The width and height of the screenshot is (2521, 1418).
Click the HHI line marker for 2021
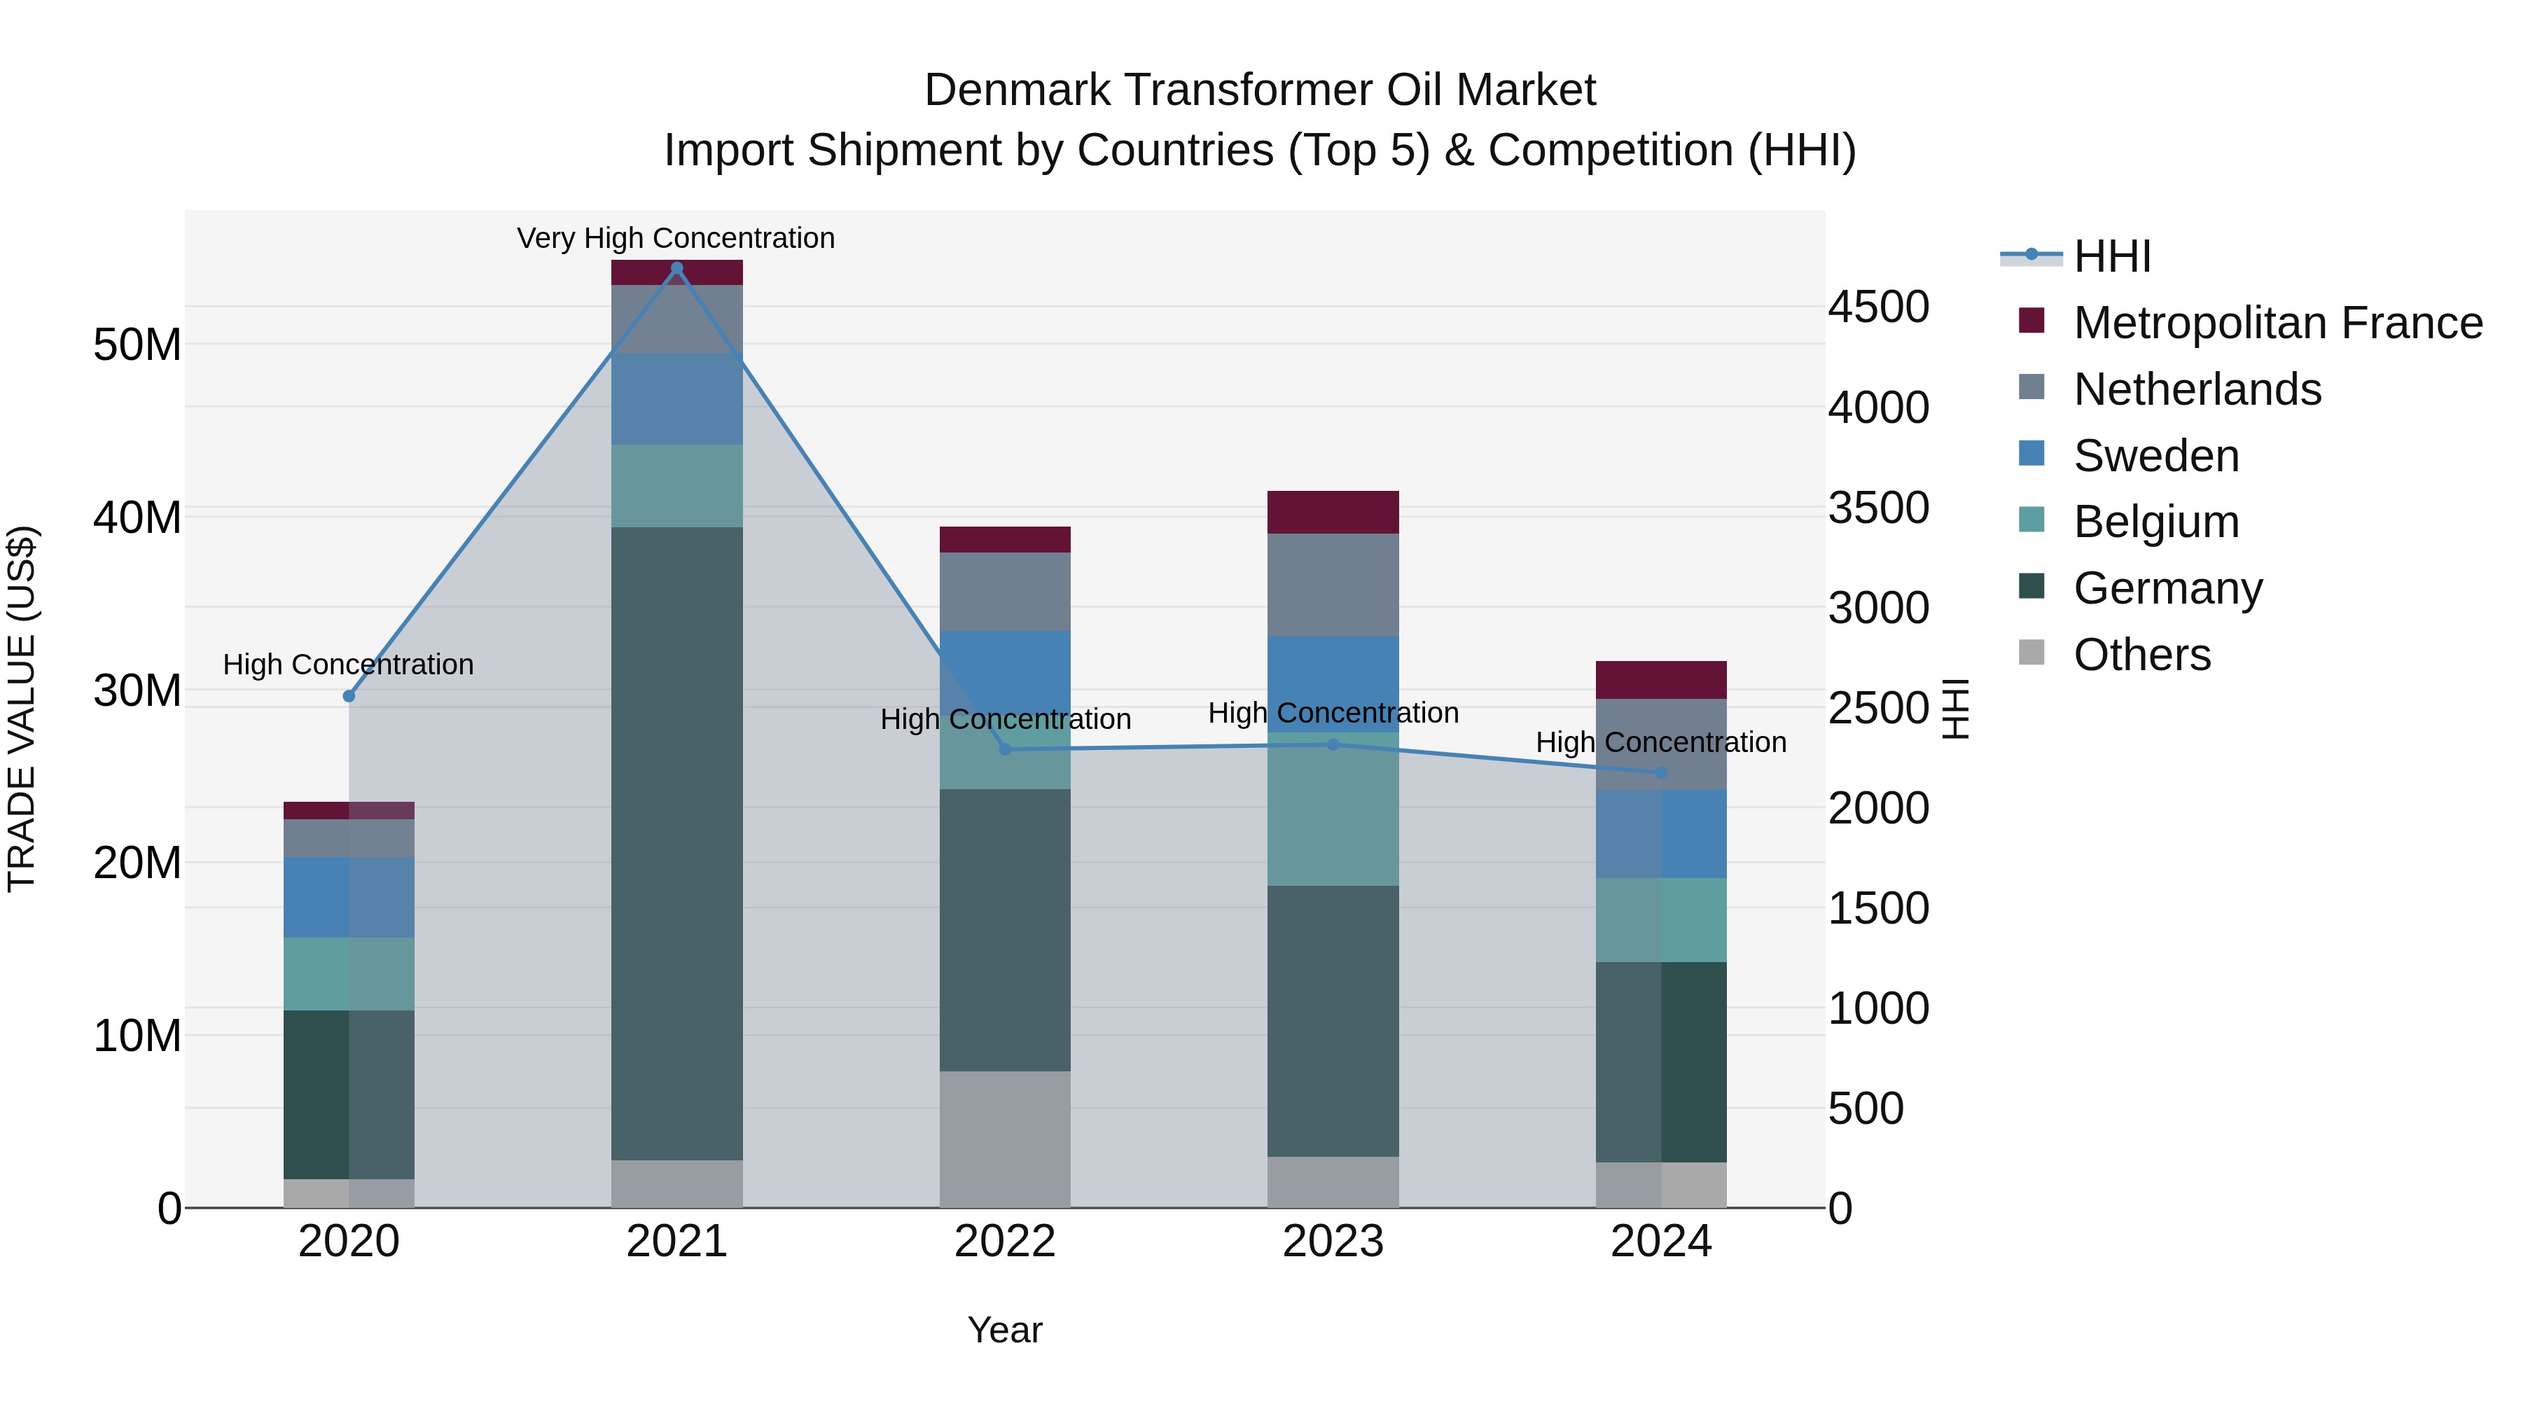click(676, 268)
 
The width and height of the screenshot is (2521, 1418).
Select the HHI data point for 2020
click(349, 696)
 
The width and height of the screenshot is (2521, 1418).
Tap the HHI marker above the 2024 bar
click(1661, 773)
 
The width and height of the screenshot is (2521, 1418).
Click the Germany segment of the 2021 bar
click(676, 842)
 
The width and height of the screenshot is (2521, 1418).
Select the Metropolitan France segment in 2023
click(1332, 512)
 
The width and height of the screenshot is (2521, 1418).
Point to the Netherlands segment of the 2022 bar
click(1004, 591)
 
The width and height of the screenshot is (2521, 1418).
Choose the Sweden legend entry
click(2156, 456)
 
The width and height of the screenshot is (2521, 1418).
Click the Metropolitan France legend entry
click(2277, 323)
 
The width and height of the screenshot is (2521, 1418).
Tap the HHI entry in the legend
click(2112, 256)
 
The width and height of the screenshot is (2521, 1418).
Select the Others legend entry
click(2141, 655)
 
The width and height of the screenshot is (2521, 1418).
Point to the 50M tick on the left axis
click(137, 345)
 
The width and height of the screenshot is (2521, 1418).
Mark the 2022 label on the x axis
click(1004, 1242)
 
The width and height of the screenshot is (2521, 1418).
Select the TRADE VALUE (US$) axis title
click(22, 709)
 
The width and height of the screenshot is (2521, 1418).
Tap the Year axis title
click(1004, 1330)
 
